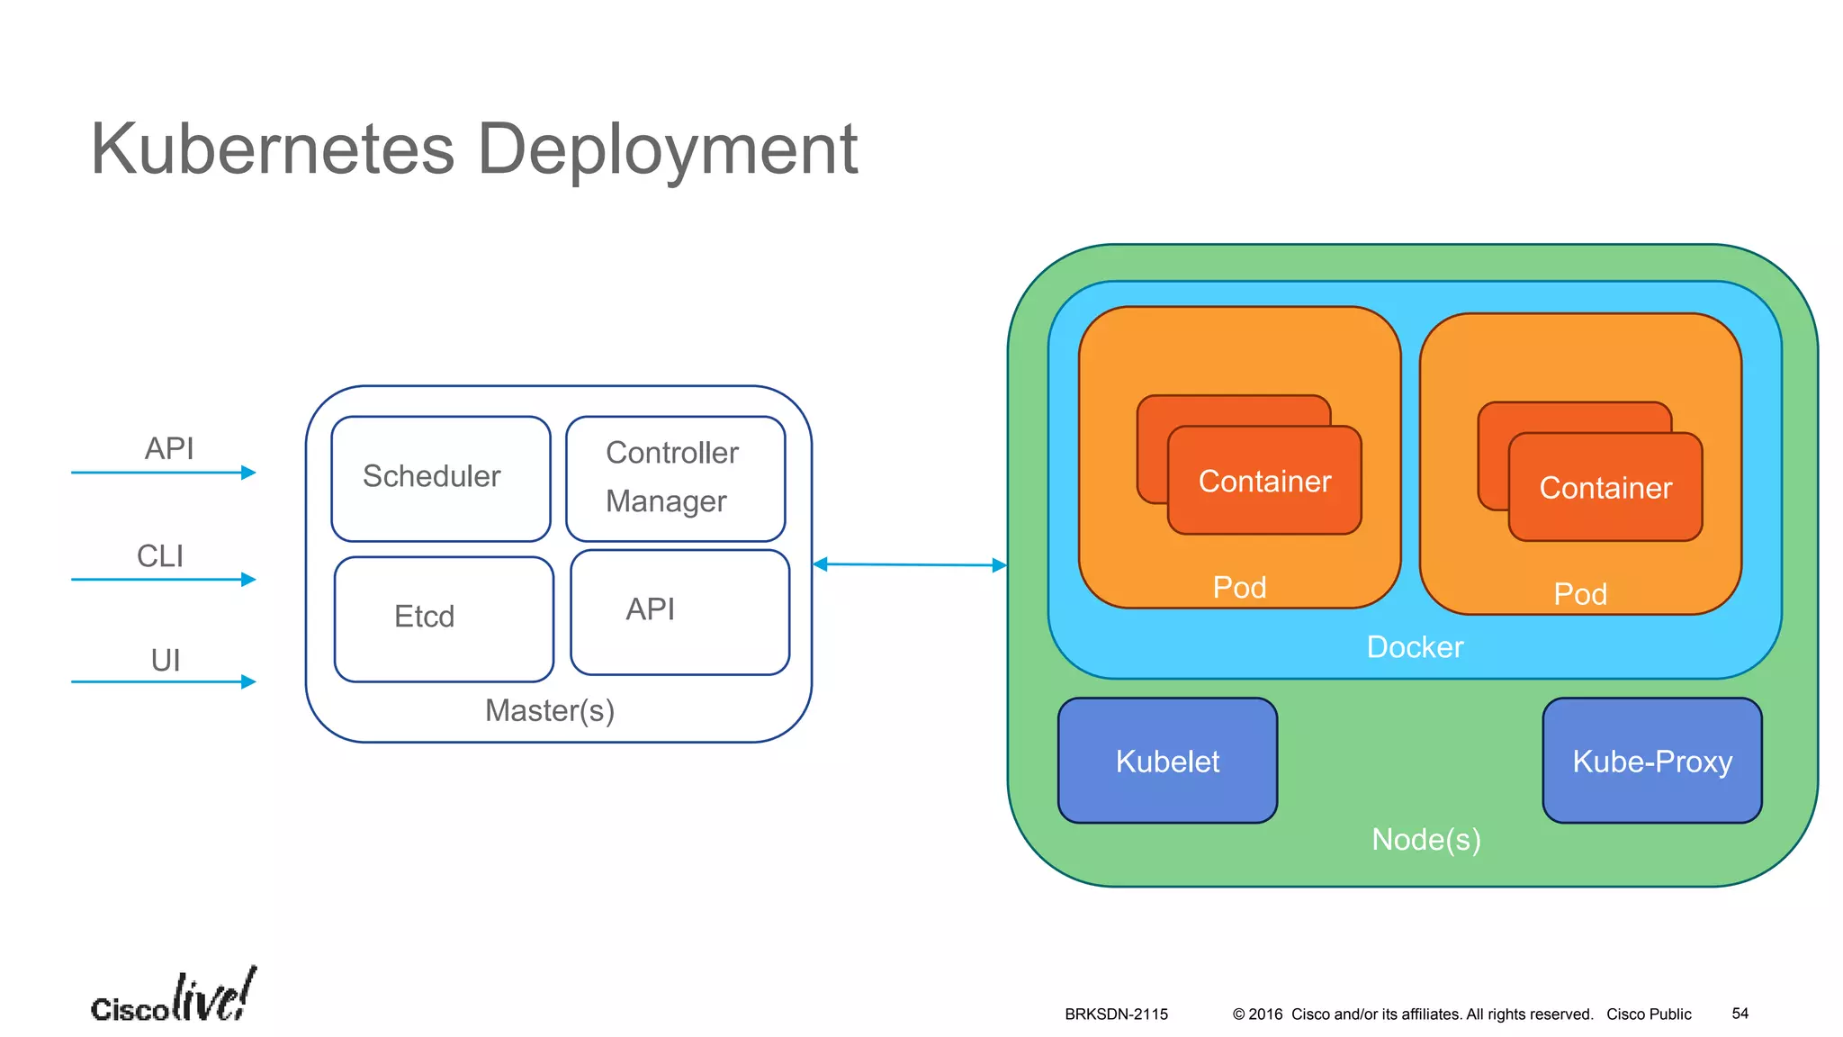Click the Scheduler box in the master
tap(440, 478)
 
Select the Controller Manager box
tap(675, 478)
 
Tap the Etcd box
tap(443, 618)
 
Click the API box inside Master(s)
tap(679, 612)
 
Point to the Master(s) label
tap(549, 711)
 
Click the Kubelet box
tap(1167, 761)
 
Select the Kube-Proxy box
tap(1651, 761)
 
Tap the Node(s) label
tap(1425, 839)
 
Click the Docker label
tap(1415, 646)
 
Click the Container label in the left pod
tap(1264, 482)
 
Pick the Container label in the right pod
tap(1605, 488)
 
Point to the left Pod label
tap(1239, 588)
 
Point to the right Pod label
tap(1580, 594)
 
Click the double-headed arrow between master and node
tap(909, 564)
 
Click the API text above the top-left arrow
tap(169, 448)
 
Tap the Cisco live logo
tap(174, 997)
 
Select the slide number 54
tap(1740, 1014)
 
